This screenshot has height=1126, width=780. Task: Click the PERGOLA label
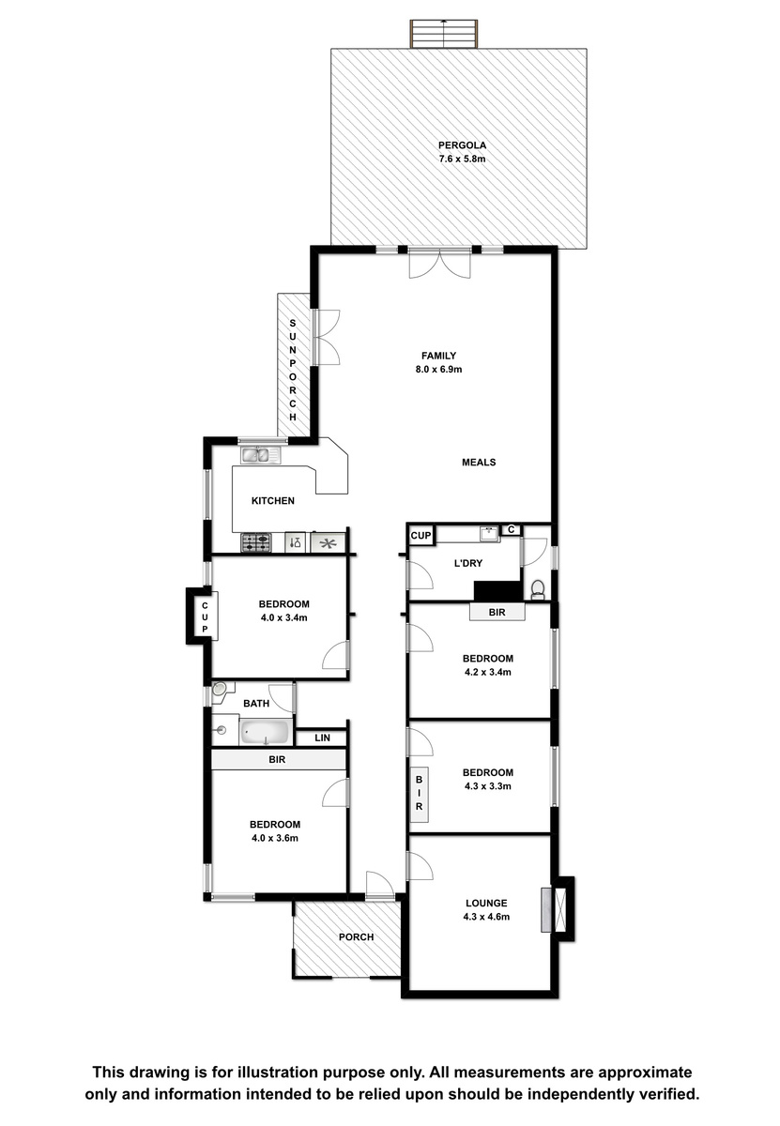click(462, 145)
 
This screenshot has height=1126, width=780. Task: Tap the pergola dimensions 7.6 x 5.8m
click(462, 159)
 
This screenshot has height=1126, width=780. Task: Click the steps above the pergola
click(444, 34)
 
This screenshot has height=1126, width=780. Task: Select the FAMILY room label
click(438, 356)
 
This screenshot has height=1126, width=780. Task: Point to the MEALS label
click(479, 462)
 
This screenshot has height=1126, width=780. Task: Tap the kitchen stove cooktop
click(256, 543)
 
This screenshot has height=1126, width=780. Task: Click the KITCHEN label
click(273, 501)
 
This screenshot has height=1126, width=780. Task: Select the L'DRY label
click(468, 563)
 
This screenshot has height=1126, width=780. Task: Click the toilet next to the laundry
click(538, 590)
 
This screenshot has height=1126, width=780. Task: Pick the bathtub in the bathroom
click(266, 733)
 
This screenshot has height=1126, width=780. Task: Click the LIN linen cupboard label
click(322, 738)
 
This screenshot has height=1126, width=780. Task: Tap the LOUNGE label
click(486, 903)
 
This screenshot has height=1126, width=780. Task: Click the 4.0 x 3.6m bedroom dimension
click(275, 838)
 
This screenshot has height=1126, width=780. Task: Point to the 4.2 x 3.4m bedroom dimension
click(488, 672)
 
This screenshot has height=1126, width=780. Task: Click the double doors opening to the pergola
click(440, 263)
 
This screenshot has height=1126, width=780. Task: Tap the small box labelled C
click(511, 529)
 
